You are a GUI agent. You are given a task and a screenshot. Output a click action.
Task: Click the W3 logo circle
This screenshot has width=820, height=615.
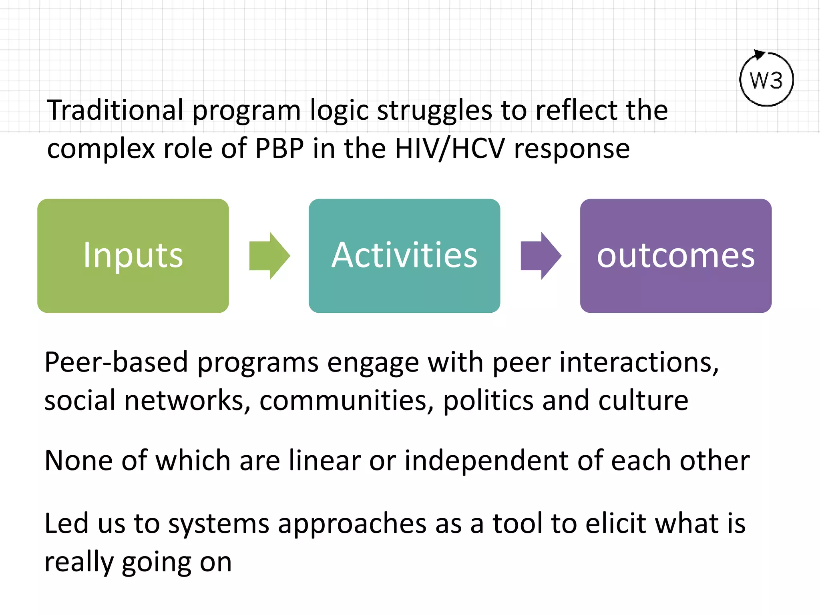(766, 80)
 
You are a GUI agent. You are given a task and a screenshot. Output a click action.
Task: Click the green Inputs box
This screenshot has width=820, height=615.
(133, 256)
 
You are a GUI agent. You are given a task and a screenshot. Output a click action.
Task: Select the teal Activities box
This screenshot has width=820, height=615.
(404, 256)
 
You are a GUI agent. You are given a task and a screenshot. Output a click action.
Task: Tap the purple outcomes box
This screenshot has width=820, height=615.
(675, 256)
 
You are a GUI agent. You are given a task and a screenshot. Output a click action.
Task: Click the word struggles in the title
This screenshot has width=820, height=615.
(434, 111)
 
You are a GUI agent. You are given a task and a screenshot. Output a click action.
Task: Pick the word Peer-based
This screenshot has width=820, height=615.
(116, 362)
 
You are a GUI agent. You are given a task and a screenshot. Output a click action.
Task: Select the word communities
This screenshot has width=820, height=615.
(347, 400)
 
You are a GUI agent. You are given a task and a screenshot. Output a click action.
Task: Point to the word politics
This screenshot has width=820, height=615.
(488, 400)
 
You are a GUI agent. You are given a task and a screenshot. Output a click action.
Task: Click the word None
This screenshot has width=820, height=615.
(78, 460)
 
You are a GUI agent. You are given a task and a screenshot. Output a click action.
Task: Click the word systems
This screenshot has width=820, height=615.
(219, 524)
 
